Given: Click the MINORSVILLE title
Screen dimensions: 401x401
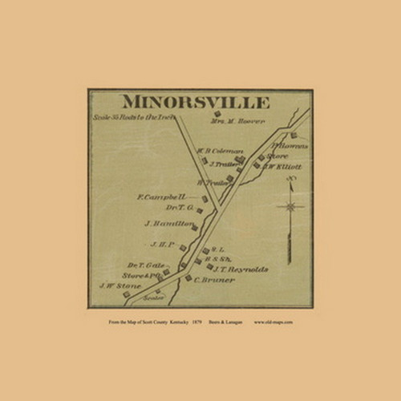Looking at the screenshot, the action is pyautogui.click(x=195, y=102).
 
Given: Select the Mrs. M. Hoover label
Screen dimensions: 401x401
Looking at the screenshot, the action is pyautogui.click(x=237, y=122).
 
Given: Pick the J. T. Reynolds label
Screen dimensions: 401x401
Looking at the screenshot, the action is pyautogui.click(x=241, y=269).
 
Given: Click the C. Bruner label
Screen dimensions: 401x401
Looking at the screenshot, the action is pyautogui.click(x=214, y=280).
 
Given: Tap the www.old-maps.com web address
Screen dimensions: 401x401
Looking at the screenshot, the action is pyautogui.click(x=273, y=322).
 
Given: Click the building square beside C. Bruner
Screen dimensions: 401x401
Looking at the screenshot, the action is pyautogui.click(x=188, y=278).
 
